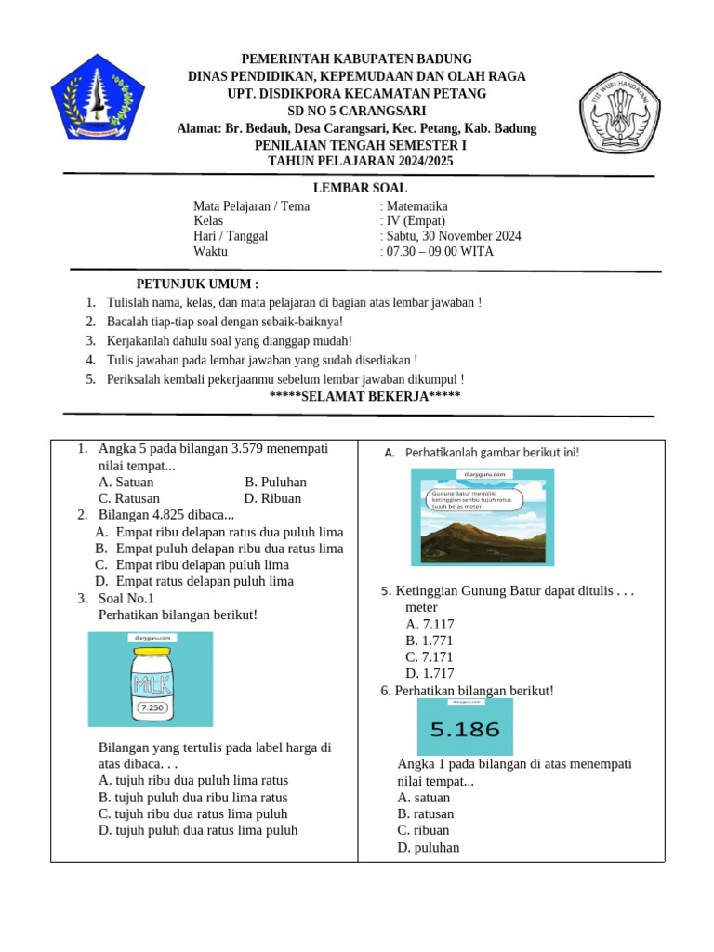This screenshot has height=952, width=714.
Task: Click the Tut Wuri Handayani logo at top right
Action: [x=619, y=110]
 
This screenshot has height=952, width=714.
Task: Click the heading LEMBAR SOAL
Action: [x=360, y=188]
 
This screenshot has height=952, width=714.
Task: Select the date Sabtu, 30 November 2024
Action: [x=453, y=236]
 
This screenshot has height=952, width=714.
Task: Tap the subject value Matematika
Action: [x=416, y=206]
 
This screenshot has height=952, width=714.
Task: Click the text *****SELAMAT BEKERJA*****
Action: [x=364, y=397]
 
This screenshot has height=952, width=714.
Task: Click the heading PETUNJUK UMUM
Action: [x=197, y=284]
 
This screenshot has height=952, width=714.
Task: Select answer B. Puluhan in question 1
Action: [x=275, y=483]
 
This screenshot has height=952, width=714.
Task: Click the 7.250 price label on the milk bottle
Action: [x=152, y=708]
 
